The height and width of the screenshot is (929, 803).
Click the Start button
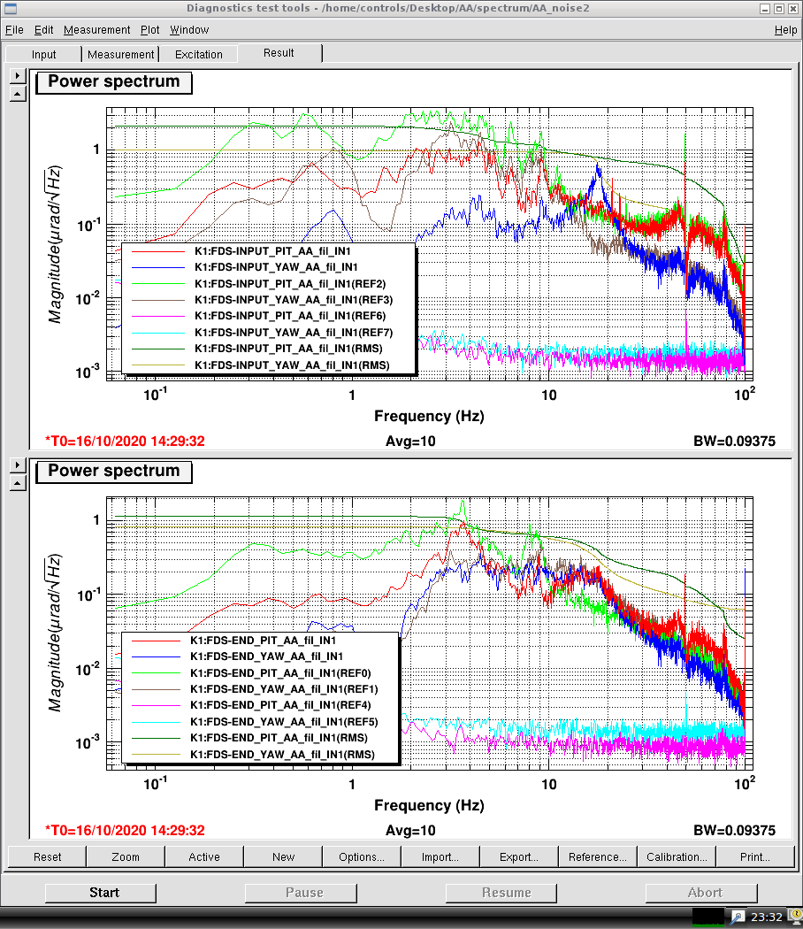click(104, 893)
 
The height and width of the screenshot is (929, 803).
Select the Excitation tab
click(199, 54)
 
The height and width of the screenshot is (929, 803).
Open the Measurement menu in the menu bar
click(96, 29)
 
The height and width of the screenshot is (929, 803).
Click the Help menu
click(785, 29)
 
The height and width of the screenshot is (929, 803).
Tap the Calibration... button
click(677, 856)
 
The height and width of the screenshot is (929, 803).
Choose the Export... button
click(519, 856)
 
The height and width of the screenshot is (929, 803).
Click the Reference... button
click(598, 856)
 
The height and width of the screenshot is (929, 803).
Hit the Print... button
click(754, 856)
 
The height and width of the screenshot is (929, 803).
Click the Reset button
click(48, 856)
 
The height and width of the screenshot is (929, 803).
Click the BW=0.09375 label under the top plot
click(733, 441)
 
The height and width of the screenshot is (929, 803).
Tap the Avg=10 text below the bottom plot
click(410, 830)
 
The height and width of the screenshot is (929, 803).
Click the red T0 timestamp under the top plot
click(125, 441)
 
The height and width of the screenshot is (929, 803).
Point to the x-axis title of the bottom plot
click(429, 805)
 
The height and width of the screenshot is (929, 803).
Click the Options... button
click(362, 856)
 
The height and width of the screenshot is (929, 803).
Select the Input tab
click(44, 54)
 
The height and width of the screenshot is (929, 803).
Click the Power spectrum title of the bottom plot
click(113, 471)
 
